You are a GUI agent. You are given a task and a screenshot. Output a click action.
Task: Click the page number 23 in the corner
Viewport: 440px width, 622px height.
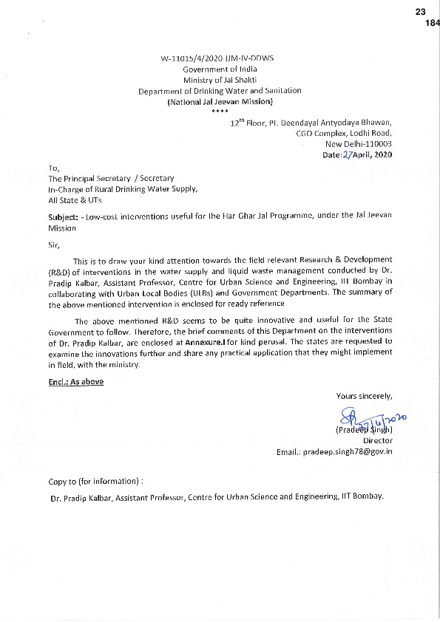pos(422,12)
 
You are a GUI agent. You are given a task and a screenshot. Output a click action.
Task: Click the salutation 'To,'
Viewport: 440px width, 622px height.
pos(55,168)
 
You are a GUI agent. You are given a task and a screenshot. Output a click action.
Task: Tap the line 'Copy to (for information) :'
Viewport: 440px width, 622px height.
pos(95,481)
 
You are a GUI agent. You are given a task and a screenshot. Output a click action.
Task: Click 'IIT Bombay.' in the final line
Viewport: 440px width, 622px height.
pos(364,497)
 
